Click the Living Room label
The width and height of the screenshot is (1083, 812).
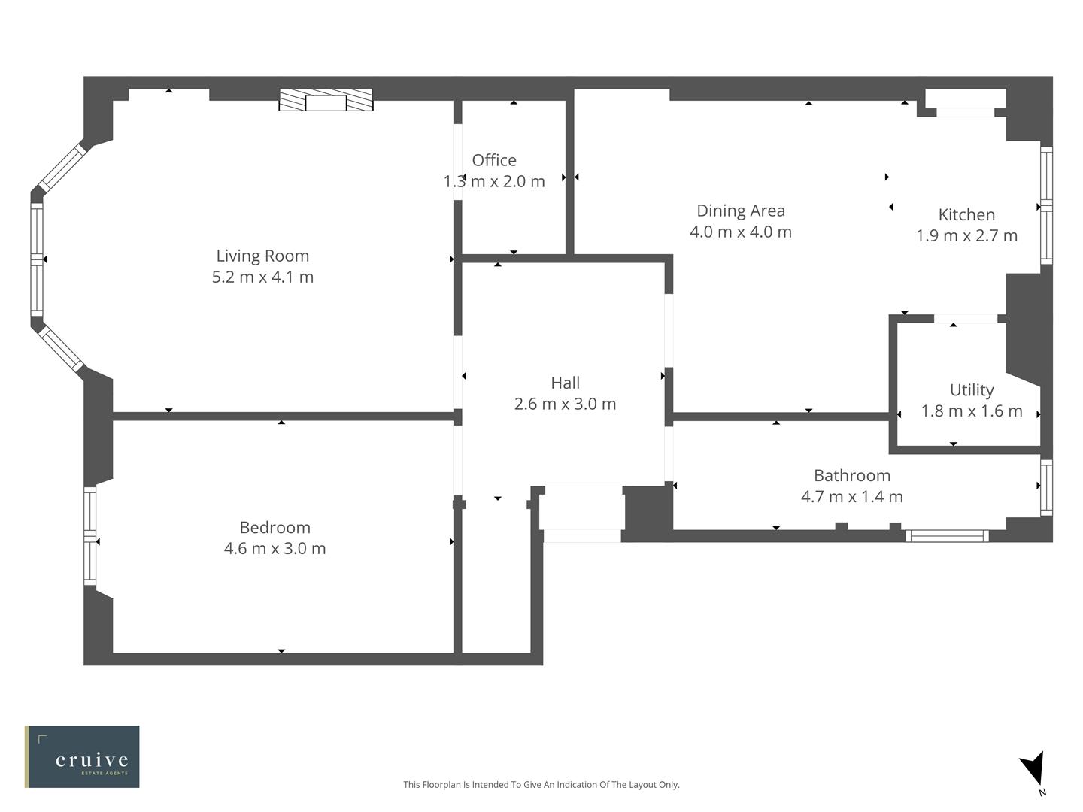pyautogui.click(x=262, y=256)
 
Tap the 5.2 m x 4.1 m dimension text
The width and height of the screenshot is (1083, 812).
pyautogui.click(x=262, y=277)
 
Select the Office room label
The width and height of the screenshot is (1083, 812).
pyautogui.click(x=494, y=160)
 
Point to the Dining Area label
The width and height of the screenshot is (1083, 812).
pyautogui.click(x=740, y=211)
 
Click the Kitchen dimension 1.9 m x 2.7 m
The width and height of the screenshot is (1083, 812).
pyautogui.click(x=966, y=235)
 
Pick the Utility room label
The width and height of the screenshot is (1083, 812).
pyautogui.click(x=971, y=389)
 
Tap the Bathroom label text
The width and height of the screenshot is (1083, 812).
pyautogui.click(x=851, y=475)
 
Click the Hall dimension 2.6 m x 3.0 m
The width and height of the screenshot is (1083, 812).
pyautogui.click(x=565, y=404)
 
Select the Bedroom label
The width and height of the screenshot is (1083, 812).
pyautogui.click(x=275, y=527)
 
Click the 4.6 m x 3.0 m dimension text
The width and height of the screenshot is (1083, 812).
pyautogui.click(x=275, y=548)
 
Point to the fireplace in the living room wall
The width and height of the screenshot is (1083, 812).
pyautogui.click(x=326, y=100)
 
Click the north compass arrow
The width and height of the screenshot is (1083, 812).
pyautogui.click(x=1033, y=770)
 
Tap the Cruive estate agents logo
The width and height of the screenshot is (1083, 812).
pyautogui.click(x=82, y=756)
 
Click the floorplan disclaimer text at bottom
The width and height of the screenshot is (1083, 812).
pyautogui.click(x=541, y=784)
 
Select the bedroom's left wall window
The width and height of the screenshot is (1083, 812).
pyautogui.click(x=90, y=536)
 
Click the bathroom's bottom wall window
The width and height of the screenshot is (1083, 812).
pyautogui.click(x=946, y=536)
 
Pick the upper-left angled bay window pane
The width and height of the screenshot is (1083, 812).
pyautogui.click(x=62, y=168)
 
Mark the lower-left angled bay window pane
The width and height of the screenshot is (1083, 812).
pyautogui.click(x=62, y=348)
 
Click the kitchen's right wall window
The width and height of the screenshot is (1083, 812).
pyautogui.click(x=1045, y=205)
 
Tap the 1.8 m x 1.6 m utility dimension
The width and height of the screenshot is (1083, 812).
pyautogui.click(x=971, y=411)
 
